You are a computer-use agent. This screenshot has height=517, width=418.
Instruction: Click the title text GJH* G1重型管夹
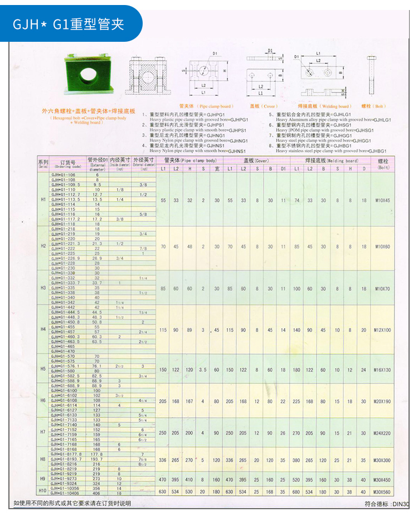click(x=69, y=25)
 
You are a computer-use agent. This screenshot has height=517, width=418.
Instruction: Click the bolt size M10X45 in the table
click(x=382, y=200)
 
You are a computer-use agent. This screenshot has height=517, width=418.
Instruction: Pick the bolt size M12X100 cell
click(x=382, y=330)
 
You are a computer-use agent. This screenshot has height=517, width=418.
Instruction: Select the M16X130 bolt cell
click(x=382, y=370)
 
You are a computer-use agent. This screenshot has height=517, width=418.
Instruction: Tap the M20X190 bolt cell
click(x=382, y=401)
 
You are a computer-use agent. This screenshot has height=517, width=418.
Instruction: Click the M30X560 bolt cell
click(x=382, y=492)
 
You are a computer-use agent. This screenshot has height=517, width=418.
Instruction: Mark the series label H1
click(x=43, y=200)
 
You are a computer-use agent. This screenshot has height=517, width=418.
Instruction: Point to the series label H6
click(x=43, y=401)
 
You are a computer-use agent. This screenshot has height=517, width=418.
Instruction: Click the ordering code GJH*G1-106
click(x=63, y=175)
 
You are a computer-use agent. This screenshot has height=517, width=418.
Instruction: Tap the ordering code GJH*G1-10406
click(x=65, y=494)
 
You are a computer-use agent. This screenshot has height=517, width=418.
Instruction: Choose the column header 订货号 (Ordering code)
click(x=69, y=163)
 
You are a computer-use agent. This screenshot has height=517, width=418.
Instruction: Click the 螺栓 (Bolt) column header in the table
click(x=383, y=163)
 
